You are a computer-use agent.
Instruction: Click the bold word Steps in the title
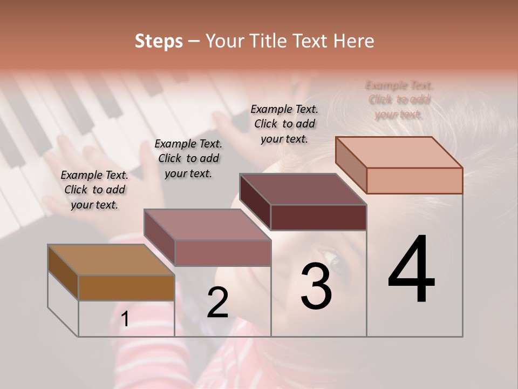[x=158, y=41]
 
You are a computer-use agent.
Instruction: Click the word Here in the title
[x=353, y=41]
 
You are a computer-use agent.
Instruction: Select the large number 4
[x=411, y=270]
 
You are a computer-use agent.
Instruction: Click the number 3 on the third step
[x=316, y=286]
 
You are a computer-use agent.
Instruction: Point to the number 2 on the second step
[x=217, y=303]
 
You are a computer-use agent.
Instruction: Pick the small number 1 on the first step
[x=125, y=319]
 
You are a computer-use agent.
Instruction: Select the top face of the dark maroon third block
[x=303, y=189]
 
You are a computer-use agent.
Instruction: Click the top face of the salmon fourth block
[x=399, y=152]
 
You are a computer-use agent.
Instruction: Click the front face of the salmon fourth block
[x=414, y=180]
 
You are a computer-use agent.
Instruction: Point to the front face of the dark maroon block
[x=318, y=217]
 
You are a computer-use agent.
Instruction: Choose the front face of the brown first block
[x=126, y=287]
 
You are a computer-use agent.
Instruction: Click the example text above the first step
[x=94, y=190]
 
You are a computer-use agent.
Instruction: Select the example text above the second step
[x=188, y=158]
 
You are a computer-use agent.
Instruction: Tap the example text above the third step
[x=284, y=124]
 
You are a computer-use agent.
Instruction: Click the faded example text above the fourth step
[x=399, y=100]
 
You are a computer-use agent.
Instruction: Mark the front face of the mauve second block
[x=222, y=253]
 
